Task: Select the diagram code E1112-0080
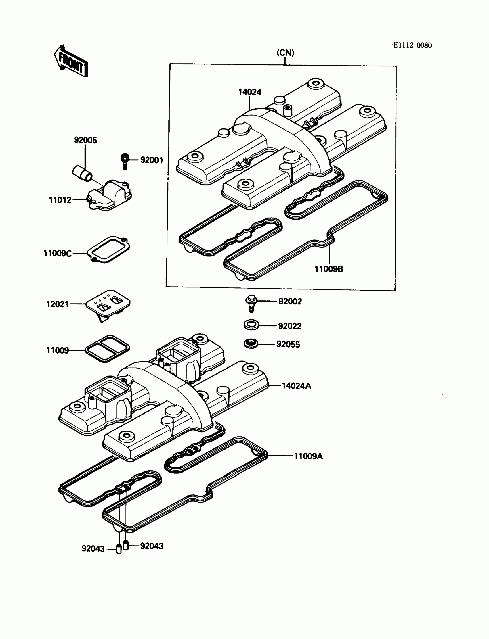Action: pos(412,45)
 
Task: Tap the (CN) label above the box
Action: pos(285,53)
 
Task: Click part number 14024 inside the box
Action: pos(250,92)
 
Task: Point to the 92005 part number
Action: pos(85,140)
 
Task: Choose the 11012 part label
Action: pos(60,200)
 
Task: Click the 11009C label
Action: pos(57,253)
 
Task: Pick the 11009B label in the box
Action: pos(329,269)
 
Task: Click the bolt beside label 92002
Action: pos(251,302)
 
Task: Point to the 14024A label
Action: pos(296,386)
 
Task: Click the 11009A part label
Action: pos(308,456)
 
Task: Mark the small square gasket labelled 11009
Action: pos(107,349)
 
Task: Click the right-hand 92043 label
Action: pos(152,546)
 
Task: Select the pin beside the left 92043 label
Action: pos(119,549)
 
